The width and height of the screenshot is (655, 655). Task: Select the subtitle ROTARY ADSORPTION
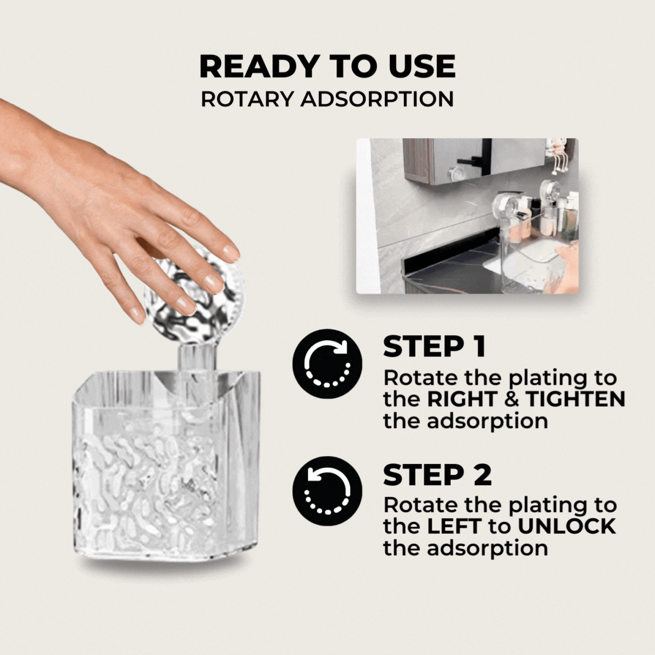click(x=327, y=99)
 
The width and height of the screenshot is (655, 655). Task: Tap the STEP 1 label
click(x=434, y=347)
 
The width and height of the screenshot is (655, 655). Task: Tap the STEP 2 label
click(x=437, y=475)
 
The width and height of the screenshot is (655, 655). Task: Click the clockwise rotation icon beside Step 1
click(x=327, y=364)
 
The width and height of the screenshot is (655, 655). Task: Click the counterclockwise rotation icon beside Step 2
click(x=327, y=491)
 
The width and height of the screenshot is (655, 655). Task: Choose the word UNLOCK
click(x=567, y=526)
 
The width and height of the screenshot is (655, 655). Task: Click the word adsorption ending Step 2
click(x=466, y=548)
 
